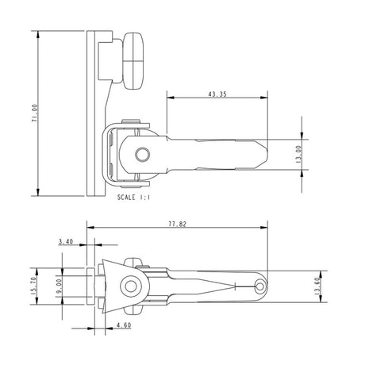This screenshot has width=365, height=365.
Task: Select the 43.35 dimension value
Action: coord(215,94)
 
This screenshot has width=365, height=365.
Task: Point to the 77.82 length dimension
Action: coord(177,225)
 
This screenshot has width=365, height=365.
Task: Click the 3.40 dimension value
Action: coord(66,240)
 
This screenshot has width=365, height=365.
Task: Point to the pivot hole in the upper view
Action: coord(143,152)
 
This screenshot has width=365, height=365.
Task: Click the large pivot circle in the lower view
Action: coord(128,286)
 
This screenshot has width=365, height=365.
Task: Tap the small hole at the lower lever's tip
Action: coord(261,285)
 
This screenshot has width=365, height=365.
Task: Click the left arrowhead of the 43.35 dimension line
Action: coord(169,99)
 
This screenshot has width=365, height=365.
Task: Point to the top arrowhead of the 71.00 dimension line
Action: coord(37,33)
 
